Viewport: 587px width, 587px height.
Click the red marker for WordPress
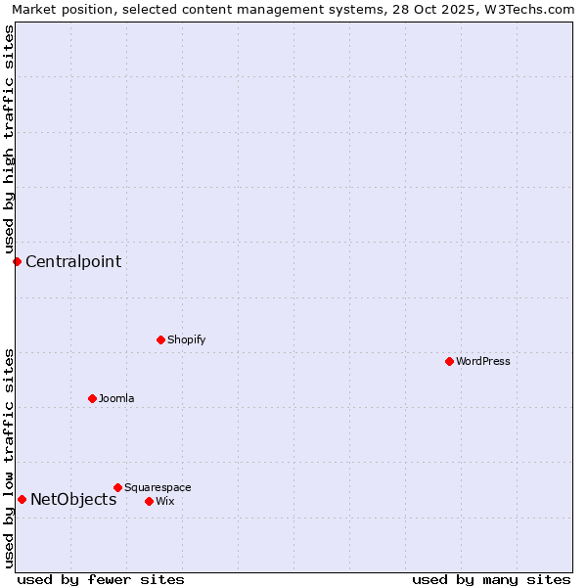tap(449, 361)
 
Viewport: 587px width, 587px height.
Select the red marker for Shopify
tap(160, 339)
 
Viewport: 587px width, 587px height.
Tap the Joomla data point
tap(92, 398)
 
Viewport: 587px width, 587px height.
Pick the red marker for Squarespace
tap(117, 487)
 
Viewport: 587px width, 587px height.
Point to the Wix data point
tap(149, 501)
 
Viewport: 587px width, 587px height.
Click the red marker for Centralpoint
tap(17, 261)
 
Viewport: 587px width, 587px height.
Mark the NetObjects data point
tap(22, 499)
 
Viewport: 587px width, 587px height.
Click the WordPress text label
tap(483, 361)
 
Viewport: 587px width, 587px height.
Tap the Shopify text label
tap(187, 339)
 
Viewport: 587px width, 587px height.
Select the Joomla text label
tap(116, 398)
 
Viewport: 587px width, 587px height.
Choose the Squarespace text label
tap(158, 487)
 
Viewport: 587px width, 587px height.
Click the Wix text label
tap(165, 501)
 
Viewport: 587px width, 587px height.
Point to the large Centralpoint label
tap(73, 261)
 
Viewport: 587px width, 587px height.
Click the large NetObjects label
tap(73, 499)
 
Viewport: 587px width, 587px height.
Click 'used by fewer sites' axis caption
tap(101, 579)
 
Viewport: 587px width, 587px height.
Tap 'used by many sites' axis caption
tap(491, 579)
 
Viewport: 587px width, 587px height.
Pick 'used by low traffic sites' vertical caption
tap(9, 458)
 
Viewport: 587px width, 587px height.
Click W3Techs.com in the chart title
tap(532, 9)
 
